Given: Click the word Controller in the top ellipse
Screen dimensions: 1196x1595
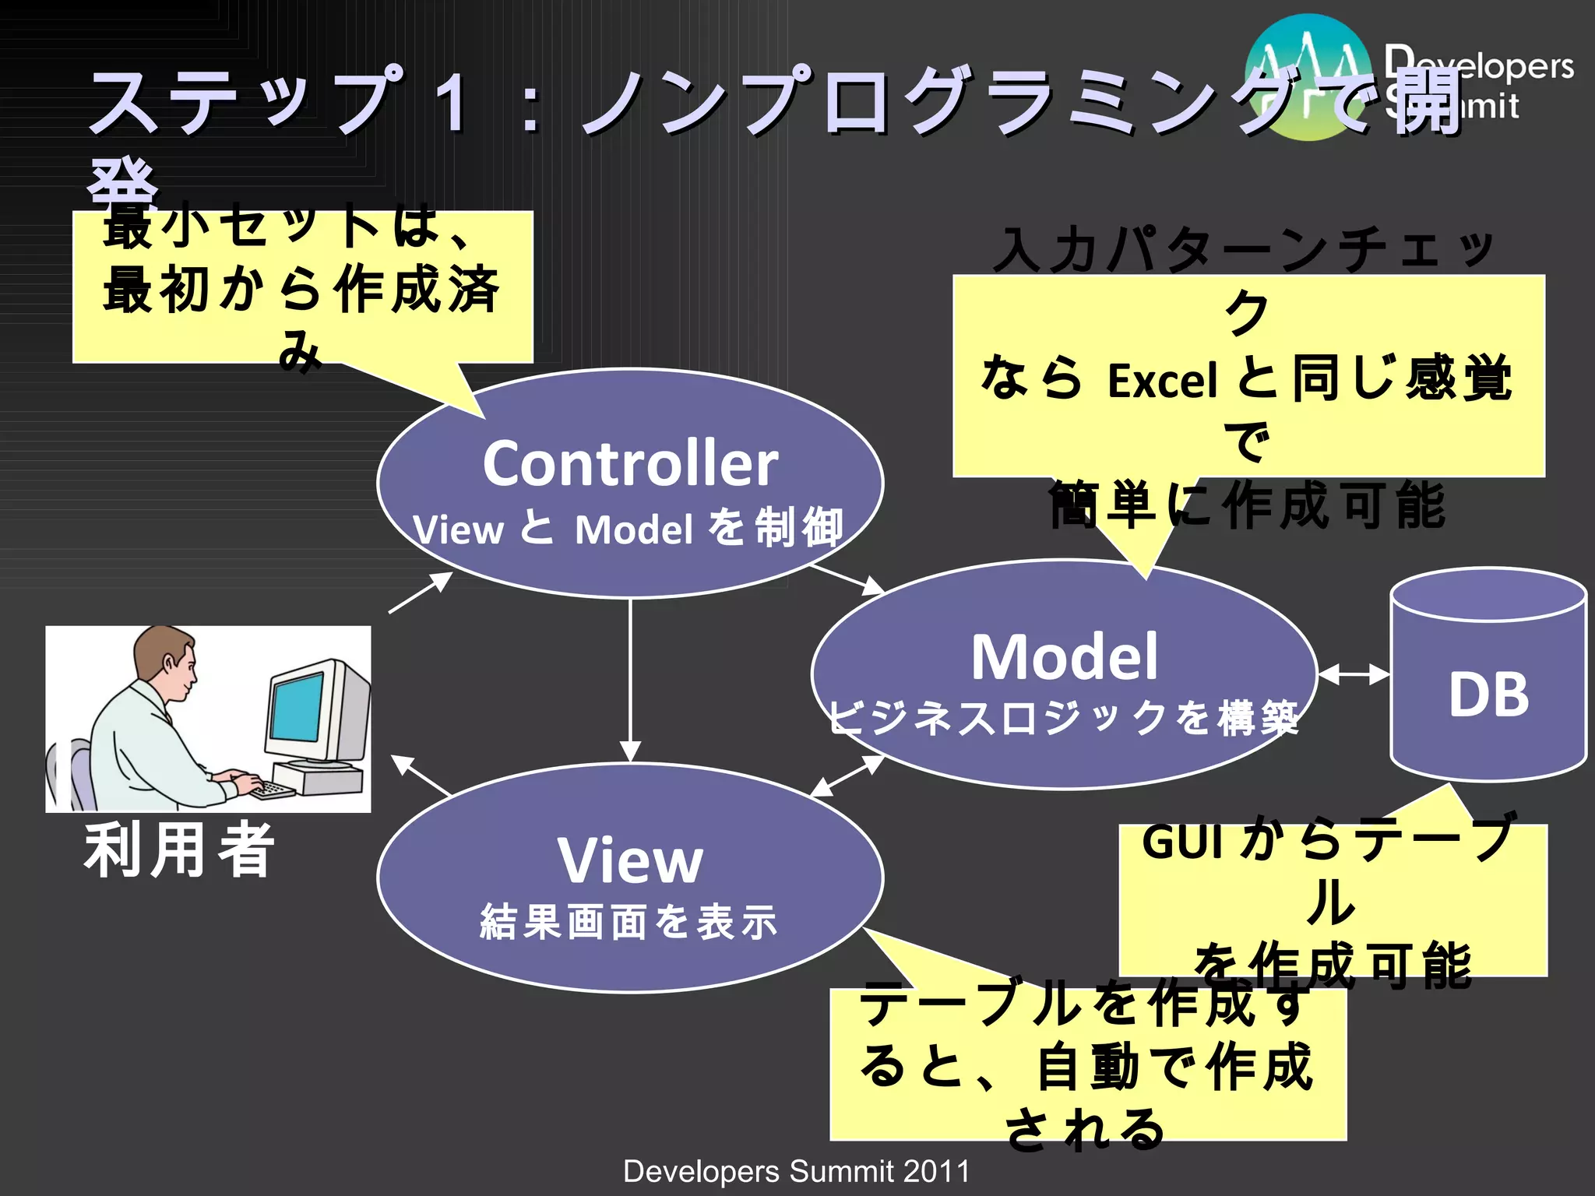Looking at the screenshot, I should [629, 463].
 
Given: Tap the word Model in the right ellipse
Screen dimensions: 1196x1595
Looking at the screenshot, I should [1064, 657].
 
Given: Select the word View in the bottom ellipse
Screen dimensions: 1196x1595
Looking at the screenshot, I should [629, 861].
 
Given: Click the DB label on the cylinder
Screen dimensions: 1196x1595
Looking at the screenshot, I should [1488, 695].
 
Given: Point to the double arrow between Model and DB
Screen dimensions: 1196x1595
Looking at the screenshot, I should [1354, 674].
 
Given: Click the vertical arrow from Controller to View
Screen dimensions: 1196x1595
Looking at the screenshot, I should [630, 677].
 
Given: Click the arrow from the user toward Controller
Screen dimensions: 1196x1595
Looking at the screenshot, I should [421, 593].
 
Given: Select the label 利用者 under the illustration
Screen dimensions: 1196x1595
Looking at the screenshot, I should [180, 850].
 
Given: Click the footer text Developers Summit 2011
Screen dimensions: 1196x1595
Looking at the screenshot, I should [796, 1171].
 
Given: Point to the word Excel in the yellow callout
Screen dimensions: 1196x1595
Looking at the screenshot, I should [1162, 382].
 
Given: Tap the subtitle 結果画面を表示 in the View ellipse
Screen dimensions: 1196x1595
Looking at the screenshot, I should [629, 922].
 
